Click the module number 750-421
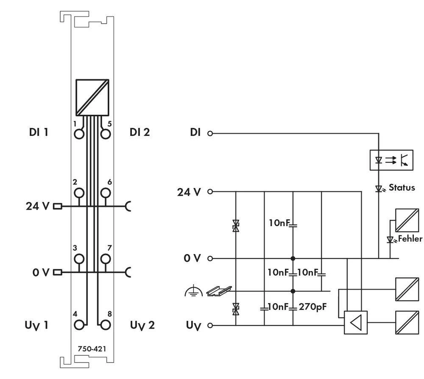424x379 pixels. pos(92,349)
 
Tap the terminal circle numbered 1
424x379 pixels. pos(79,134)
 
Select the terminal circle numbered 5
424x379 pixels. pos(106,134)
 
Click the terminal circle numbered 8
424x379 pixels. pos(106,325)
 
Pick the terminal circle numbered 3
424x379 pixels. pos(79,258)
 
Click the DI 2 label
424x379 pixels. pos(139,132)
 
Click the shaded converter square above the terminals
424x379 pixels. pos(92,97)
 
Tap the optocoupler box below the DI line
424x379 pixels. pos(391,160)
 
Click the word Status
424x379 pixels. pos(402,187)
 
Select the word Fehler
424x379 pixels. pos(410,239)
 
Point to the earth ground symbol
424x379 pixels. pos(191,291)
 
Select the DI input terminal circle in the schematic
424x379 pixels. pos(209,134)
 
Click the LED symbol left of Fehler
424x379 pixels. pos(390,240)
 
